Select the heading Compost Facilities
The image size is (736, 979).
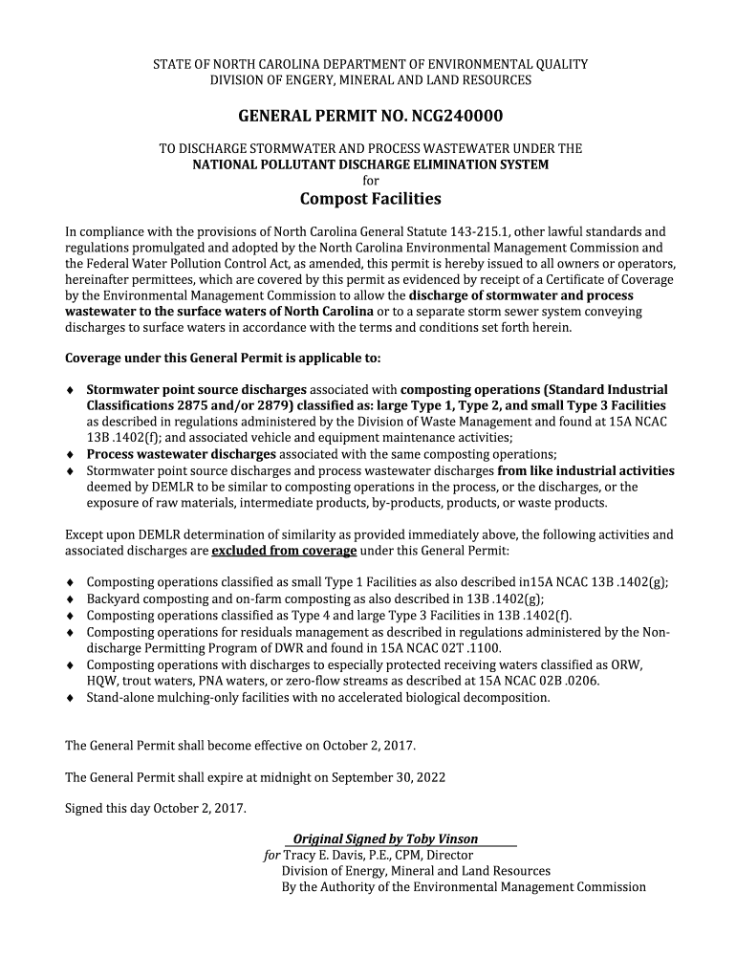[x=370, y=199]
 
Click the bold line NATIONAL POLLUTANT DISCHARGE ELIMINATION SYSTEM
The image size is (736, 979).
[x=371, y=164]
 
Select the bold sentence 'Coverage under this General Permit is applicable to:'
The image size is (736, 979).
[x=222, y=359]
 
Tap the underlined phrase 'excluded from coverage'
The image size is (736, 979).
[x=284, y=551]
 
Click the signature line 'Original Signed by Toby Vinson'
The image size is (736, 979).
[x=385, y=838]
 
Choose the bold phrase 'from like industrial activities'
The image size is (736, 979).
[x=586, y=470]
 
